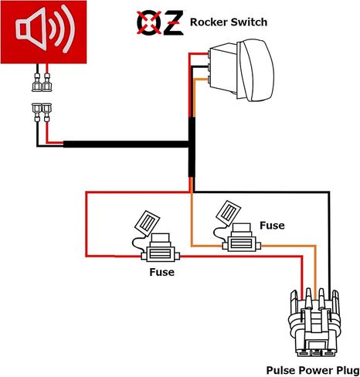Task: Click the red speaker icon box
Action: [43, 32]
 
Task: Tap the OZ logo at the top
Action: [160, 22]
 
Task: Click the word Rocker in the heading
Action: [209, 22]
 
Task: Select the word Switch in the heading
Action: [249, 22]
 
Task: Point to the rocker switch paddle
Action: [256, 70]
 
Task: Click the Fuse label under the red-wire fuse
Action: [161, 272]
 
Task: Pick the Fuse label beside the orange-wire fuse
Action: [272, 226]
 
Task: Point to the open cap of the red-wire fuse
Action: [148, 223]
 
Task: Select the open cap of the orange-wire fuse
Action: [228, 212]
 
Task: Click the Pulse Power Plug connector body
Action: [314, 322]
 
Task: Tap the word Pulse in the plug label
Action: [280, 371]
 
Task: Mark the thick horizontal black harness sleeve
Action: [126, 144]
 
